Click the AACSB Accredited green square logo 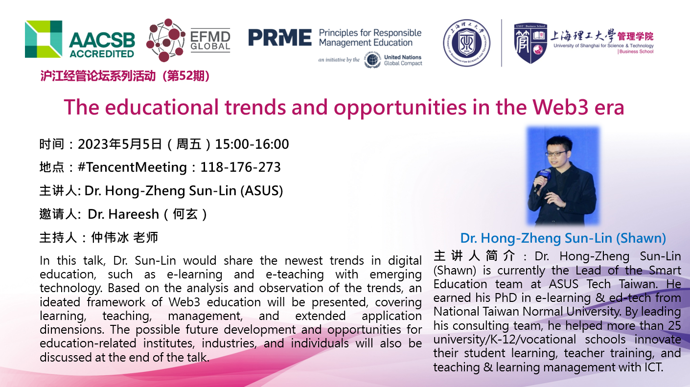pyautogui.click(x=44, y=39)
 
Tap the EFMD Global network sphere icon pyautogui.click(x=165, y=40)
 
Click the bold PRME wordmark pyautogui.click(x=280, y=38)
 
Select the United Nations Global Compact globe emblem pyautogui.click(x=372, y=60)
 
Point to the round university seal pyautogui.click(x=467, y=43)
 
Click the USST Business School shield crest pyautogui.click(x=530, y=43)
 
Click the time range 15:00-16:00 pyautogui.click(x=252, y=144)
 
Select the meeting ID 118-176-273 pyautogui.click(x=241, y=167)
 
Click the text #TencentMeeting pyautogui.click(x=133, y=167)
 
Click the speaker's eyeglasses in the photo pyautogui.click(x=556, y=153)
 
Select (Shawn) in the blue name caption pyautogui.click(x=641, y=238)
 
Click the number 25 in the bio pyautogui.click(x=673, y=325)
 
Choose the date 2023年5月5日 pyautogui.click(x=120, y=144)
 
